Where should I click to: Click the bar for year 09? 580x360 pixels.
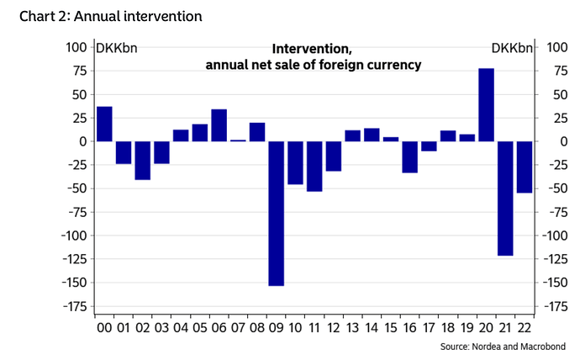point(277,213)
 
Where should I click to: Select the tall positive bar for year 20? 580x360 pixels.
point(486,104)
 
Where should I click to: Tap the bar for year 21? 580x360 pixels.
point(505,198)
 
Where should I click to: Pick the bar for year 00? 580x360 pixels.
point(104,124)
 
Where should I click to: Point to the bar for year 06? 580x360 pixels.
point(219,125)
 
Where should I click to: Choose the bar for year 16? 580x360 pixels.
point(409,156)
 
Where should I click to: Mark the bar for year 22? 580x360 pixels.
point(524,167)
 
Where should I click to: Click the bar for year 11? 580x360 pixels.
point(314,166)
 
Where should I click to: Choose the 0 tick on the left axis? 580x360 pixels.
point(81,141)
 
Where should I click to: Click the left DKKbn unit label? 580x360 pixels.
point(117,47)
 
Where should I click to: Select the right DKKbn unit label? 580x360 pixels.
point(511,47)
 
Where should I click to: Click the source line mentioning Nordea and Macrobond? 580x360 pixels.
point(503,347)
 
